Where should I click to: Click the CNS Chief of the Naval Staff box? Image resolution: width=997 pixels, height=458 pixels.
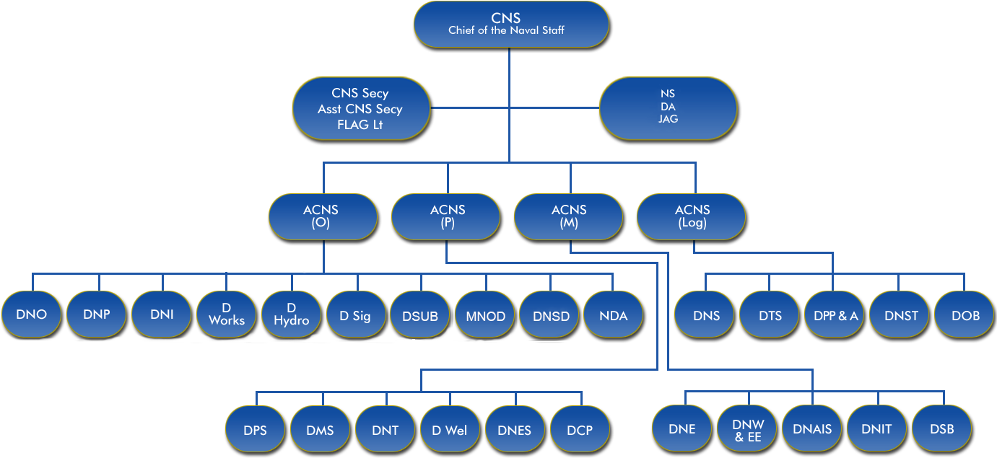[x=510, y=24]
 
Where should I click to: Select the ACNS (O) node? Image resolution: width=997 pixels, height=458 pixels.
[x=322, y=216]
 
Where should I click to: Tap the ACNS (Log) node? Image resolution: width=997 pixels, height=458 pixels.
[x=692, y=216]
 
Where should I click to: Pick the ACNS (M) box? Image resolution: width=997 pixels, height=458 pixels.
[x=568, y=216]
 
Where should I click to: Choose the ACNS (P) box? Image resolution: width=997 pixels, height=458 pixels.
[x=446, y=216]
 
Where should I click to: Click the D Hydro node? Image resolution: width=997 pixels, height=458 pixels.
[x=291, y=314]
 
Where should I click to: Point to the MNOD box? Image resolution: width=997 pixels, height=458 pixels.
[x=485, y=314]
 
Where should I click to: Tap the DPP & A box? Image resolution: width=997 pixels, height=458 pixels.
[x=835, y=314]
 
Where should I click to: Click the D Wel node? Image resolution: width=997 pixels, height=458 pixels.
[x=449, y=430]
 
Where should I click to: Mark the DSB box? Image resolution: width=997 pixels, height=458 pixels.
[x=941, y=428]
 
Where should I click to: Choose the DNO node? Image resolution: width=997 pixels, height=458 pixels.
[x=31, y=314]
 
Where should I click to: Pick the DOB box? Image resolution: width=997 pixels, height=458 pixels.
[x=965, y=314]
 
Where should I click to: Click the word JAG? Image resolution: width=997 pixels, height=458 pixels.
[x=668, y=119]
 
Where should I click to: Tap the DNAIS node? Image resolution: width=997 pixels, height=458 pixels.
[x=812, y=428]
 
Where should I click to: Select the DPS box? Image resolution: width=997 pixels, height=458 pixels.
[x=255, y=430]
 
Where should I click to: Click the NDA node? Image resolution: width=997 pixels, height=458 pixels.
[x=613, y=314]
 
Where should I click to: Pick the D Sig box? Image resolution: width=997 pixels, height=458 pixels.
[x=355, y=314]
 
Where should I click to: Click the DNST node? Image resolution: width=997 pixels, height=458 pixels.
[x=900, y=314]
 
